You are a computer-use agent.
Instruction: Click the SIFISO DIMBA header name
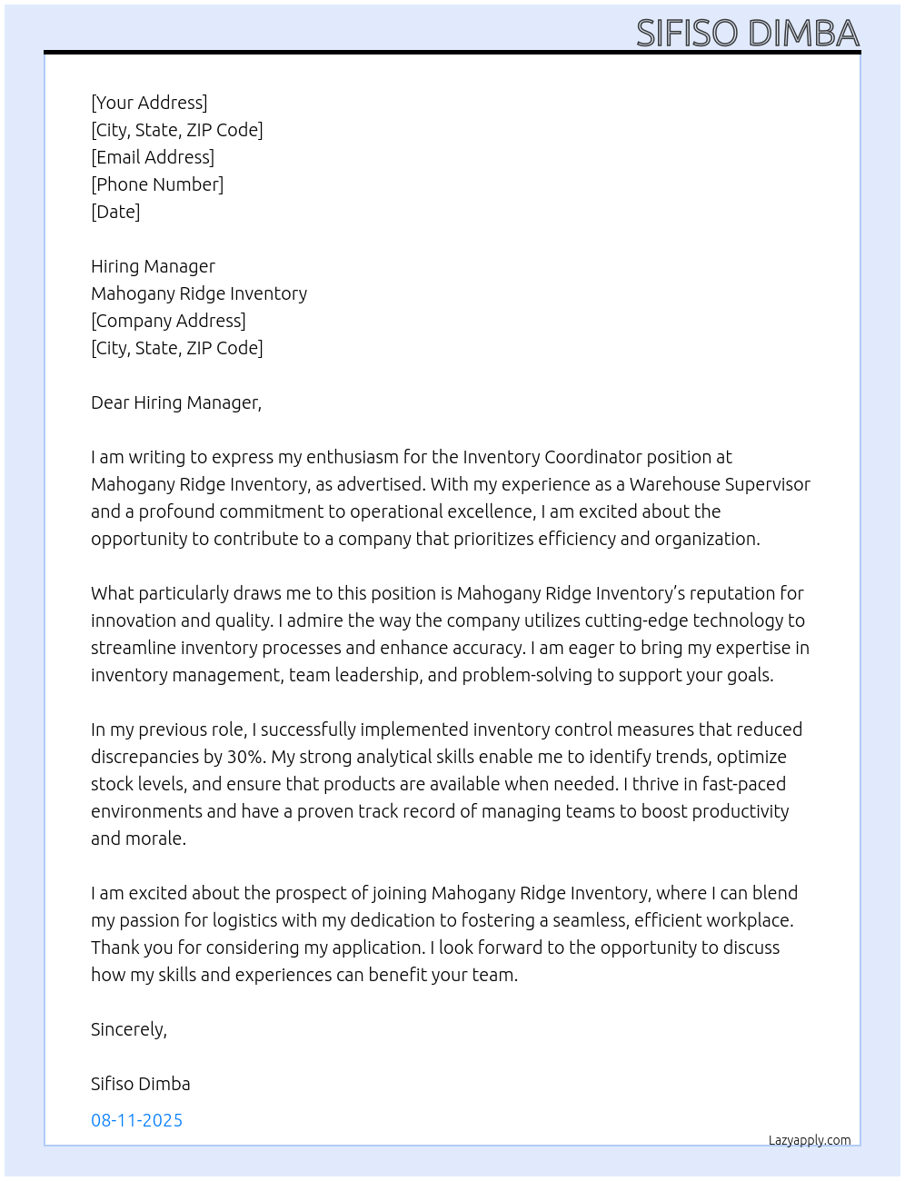pyautogui.click(x=747, y=34)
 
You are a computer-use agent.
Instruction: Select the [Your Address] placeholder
pyautogui.click(x=149, y=103)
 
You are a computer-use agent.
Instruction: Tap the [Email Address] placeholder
pyautogui.click(x=153, y=157)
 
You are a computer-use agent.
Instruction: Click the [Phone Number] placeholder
pyautogui.click(x=157, y=184)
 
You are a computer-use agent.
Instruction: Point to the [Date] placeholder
pyautogui.click(x=115, y=212)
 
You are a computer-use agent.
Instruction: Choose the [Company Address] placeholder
pyautogui.click(x=168, y=321)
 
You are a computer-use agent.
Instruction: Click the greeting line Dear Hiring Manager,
pyautogui.click(x=176, y=402)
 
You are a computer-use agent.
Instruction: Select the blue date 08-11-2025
pyautogui.click(x=136, y=1120)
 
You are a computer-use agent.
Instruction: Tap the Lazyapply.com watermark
pyautogui.click(x=810, y=1140)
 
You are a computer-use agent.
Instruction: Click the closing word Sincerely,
pyautogui.click(x=129, y=1029)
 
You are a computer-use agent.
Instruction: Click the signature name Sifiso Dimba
pyautogui.click(x=141, y=1084)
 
